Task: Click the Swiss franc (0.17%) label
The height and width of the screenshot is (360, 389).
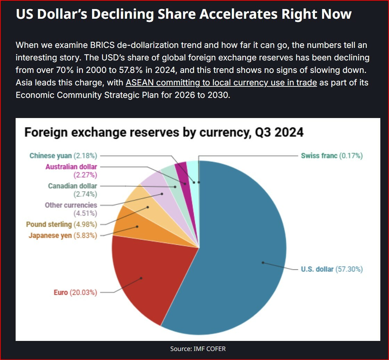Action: [x=332, y=156]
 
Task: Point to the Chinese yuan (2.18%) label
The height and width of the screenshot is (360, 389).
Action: [x=63, y=156]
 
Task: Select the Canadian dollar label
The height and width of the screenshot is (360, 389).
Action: [x=73, y=190]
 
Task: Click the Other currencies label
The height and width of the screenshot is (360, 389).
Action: [x=71, y=209]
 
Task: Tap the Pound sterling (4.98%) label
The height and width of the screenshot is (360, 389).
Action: [x=61, y=224]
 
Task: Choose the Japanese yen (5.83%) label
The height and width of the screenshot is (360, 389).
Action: [x=63, y=236]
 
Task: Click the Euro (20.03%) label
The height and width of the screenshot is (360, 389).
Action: [x=75, y=292]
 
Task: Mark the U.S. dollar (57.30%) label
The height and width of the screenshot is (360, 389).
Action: [x=332, y=269]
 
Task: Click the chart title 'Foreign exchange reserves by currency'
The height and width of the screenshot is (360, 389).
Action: [x=164, y=132]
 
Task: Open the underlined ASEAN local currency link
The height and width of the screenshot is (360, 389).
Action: [x=221, y=83]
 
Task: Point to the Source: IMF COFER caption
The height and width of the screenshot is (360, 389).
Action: [x=198, y=349]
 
